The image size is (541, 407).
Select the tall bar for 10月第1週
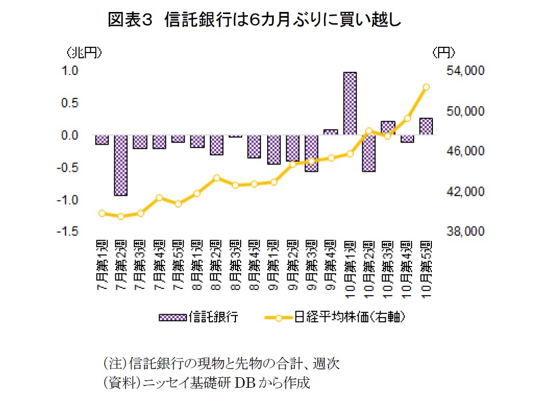point(350,103)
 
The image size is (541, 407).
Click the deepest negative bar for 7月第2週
point(121,165)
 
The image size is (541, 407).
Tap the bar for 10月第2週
point(369,153)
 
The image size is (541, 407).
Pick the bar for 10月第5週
point(426,126)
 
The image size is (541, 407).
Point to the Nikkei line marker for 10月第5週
point(426,87)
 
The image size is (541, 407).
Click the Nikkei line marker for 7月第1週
point(102,213)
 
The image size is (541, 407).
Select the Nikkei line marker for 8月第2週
point(217,177)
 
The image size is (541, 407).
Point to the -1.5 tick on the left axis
point(69,232)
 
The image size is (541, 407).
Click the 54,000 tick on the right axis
point(465,71)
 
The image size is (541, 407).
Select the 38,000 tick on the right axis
point(465,232)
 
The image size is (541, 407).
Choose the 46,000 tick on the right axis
point(465,151)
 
